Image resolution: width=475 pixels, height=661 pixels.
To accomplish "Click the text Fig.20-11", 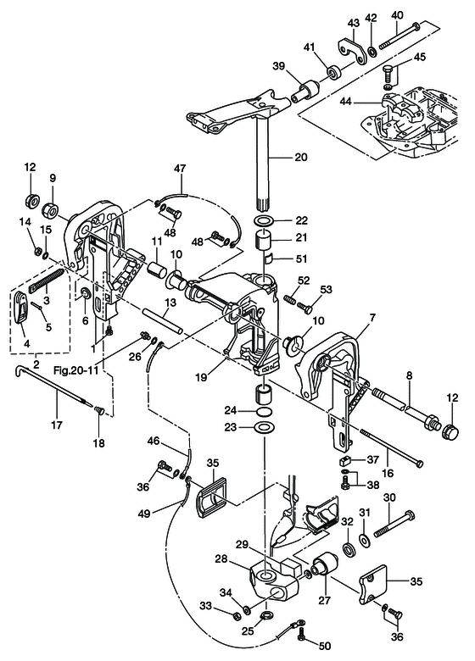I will tap(75, 369).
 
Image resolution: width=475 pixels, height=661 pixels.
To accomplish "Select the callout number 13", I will tap(170, 303).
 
